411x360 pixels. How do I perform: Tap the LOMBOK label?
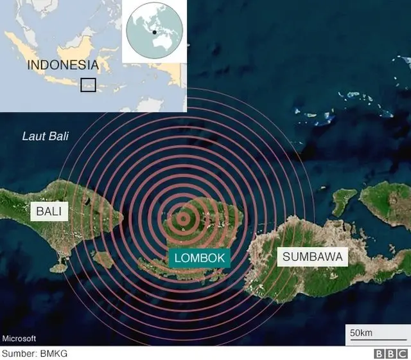pyautogui.click(x=200, y=258)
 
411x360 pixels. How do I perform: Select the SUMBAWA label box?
pyautogui.click(x=312, y=258)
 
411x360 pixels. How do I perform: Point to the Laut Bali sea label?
pyautogui.click(x=45, y=136)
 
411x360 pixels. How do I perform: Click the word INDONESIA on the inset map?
pyautogui.click(x=62, y=65)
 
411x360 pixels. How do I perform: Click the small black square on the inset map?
pyautogui.click(x=88, y=84)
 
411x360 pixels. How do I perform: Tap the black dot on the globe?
pyautogui.click(x=155, y=31)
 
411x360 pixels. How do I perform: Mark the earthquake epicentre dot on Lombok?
pyautogui.click(x=184, y=219)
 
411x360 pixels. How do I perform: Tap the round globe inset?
pyautogui.click(x=153, y=31)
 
